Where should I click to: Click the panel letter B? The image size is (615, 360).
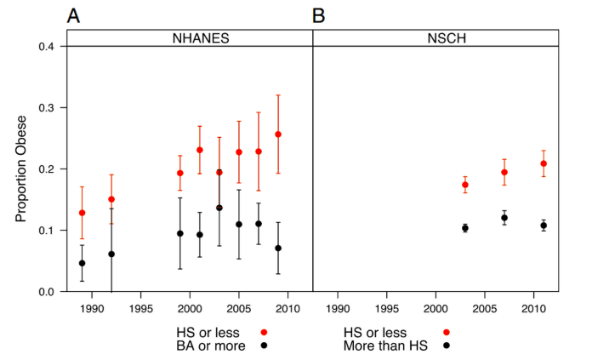(320, 15)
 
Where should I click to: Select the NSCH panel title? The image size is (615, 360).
(436, 37)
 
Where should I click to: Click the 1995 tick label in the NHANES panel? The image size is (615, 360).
(141, 306)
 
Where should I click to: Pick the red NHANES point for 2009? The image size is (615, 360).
(278, 134)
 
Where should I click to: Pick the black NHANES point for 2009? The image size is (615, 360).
(278, 249)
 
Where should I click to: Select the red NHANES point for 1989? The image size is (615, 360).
(83, 213)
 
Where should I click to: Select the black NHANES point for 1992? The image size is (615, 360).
(111, 254)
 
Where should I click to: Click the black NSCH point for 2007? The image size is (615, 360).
(504, 218)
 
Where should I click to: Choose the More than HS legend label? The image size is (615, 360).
(393, 346)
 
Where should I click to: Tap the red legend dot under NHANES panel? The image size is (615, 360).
(265, 332)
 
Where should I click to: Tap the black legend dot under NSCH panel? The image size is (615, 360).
(446, 346)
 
